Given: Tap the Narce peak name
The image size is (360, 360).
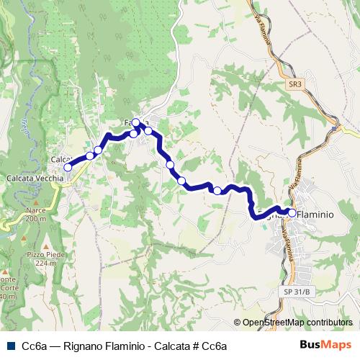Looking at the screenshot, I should [35, 211].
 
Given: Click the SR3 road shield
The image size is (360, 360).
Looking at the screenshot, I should [294, 84].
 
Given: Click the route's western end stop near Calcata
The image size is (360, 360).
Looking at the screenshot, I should [68, 167].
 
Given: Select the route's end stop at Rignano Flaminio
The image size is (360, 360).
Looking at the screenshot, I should [292, 212].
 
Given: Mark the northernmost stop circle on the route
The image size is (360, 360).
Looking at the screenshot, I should [135, 122].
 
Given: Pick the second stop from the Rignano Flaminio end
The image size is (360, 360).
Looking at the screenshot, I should [217, 190].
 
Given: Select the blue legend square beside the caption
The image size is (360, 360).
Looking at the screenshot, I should [9, 346].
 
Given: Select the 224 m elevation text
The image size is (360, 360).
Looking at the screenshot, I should [45, 264].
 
